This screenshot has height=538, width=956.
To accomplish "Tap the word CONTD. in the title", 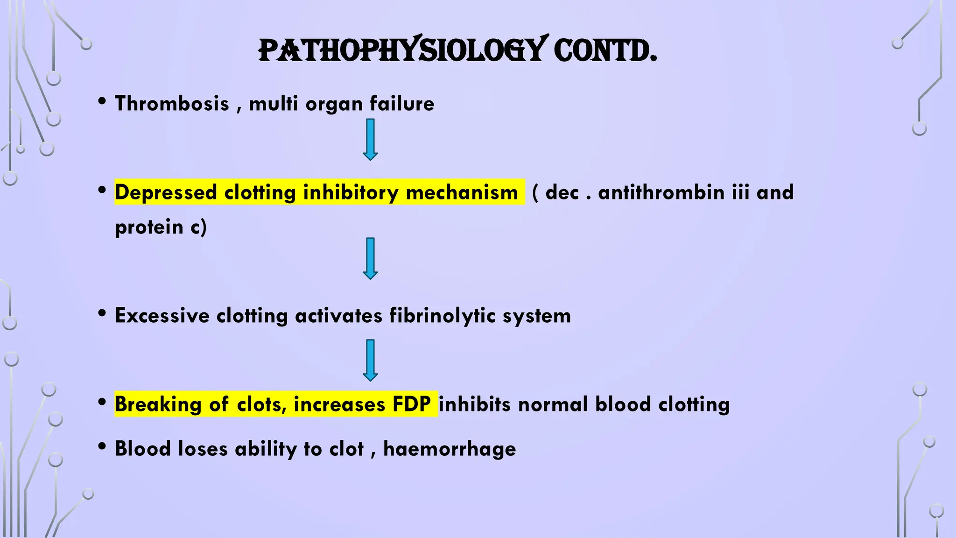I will click(605, 50).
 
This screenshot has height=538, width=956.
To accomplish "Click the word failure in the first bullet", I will click(402, 104).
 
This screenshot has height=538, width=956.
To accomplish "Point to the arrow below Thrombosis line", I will click(370, 140).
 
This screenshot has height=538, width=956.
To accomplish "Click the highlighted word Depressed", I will click(166, 192).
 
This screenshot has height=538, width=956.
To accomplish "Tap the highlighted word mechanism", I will click(462, 192).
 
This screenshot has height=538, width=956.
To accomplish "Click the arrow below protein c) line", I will click(370, 259).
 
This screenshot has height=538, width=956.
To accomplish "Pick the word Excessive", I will click(162, 316).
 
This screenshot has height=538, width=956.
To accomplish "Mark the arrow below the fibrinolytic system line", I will click(370, 360).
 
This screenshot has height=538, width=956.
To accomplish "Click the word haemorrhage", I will click(450, 449).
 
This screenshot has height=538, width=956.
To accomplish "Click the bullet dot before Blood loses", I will click(102, 446).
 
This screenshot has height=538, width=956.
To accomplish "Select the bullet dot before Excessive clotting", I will click(102, 313).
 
